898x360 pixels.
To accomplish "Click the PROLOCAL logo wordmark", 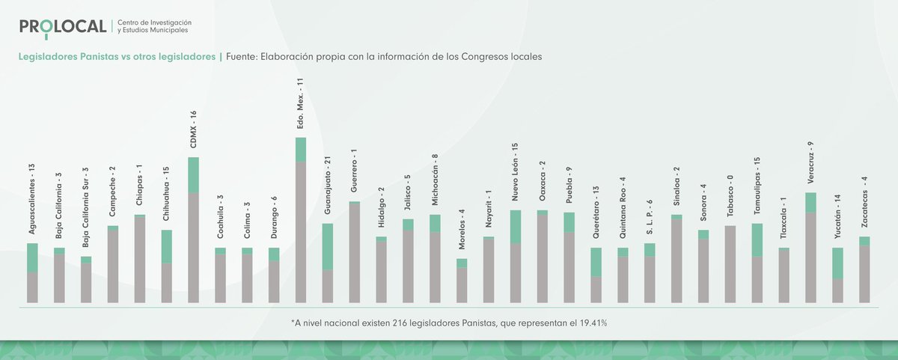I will [64, 27].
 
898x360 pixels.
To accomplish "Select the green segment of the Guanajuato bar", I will [328, 246].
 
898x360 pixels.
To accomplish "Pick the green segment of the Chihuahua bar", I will [166, 245].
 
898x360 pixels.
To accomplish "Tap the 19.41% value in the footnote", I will [591, 323].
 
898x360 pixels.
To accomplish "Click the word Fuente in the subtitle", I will [241, 57].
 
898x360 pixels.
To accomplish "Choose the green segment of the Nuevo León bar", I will [516, 226].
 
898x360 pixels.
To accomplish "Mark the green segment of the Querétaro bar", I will [596, 262].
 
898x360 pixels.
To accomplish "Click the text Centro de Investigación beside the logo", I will [154, 23].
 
